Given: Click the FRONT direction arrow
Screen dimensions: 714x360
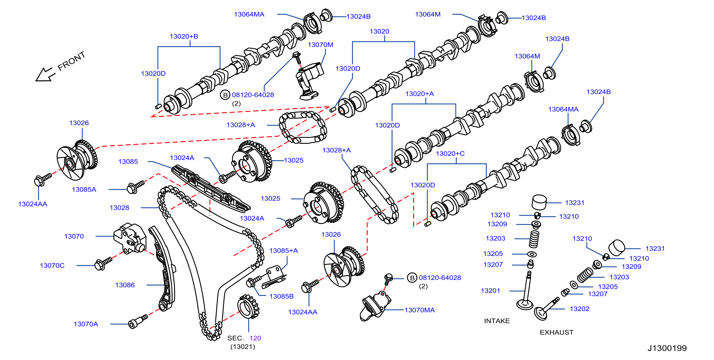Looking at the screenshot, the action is tap(44, 74).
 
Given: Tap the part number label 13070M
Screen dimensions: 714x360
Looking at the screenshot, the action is tap(320, 45).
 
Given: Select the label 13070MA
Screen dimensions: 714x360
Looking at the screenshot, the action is tap(419, 310).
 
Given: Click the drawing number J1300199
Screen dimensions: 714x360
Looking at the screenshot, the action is tap(667, 348).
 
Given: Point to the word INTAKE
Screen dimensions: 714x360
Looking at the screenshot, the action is tap(497, 321).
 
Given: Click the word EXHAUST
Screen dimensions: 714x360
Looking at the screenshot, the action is tap(556, 332).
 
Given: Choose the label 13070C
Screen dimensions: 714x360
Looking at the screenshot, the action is tap(52, 265).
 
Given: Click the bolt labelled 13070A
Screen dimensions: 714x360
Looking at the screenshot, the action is tap(138, 321).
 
